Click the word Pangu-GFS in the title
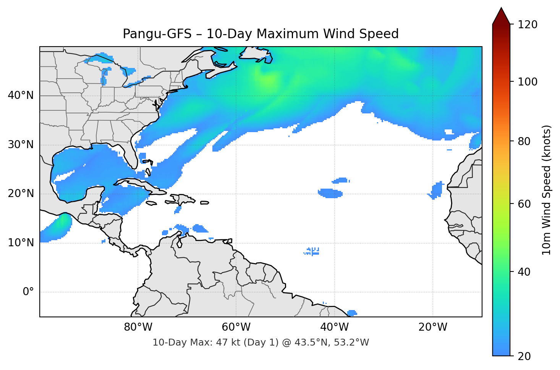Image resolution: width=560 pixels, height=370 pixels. pyautogui.click(x=157, y=34)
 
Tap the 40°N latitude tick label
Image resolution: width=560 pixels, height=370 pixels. pyautogui.click(x=21, y=95)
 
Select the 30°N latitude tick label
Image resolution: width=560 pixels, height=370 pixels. pyautogui.click(x=21, y=145)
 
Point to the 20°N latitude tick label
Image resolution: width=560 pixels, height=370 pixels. pyautogui.click(x=21, y=194)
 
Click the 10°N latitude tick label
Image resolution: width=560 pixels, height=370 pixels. pyautogui.click(x=21, y=243)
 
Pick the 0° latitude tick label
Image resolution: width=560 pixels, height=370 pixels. pyautogui.click(x=28, y=292)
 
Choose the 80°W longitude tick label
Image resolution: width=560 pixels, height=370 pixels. pyautogui.click(x=138, y=327)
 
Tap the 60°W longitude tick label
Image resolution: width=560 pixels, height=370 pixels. pyautogui.click(x=236, y=327)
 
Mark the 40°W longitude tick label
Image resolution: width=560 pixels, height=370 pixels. pyautogui.click(x=334, y=327)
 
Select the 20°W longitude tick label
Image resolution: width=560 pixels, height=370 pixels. pyautogui.click(x=432, y=327)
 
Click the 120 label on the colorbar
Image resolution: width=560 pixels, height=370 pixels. pyautogui.click(x=528, y=25)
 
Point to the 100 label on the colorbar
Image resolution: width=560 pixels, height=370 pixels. pyautogui.click(x=528, y=82)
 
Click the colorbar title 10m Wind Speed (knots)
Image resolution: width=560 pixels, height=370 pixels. pyautogui.click(x=546, y=190)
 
